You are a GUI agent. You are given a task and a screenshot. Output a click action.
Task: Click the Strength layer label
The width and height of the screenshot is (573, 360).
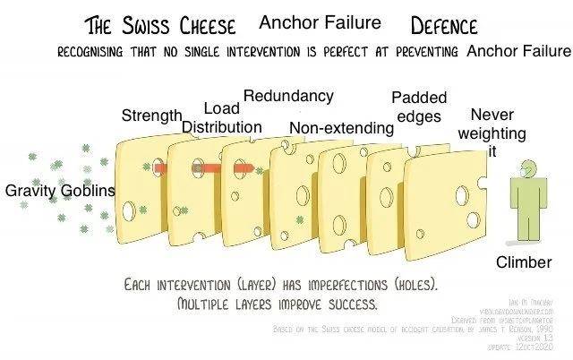coord(151,116)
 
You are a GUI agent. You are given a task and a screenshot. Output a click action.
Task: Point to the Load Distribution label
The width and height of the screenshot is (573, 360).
coord(222,117)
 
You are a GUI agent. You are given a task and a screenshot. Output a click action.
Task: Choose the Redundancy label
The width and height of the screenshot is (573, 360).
coord(288,96)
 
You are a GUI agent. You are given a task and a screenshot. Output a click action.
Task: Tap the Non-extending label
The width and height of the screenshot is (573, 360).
coord(341,129)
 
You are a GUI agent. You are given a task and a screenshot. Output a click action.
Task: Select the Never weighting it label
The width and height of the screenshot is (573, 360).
coord(492,133)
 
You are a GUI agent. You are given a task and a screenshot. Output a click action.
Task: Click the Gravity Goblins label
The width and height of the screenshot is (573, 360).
coord(59,191)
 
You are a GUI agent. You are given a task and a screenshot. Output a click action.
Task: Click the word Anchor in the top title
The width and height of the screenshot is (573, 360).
coord(286,21)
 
